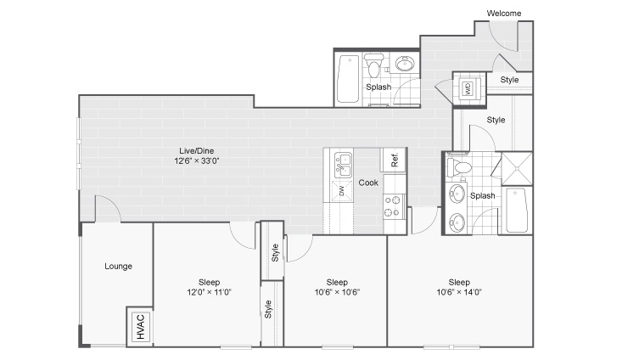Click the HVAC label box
coord(141,327)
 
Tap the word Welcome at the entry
coord(504,13)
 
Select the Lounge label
coord(118,267)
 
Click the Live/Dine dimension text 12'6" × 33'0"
coord(196,160)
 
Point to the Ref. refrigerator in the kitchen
coord(394,160)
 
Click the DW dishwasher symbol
coord(341,190)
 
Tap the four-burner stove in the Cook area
coord(394,206)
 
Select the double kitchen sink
coord(343,165)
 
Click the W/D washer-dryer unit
coord(467,88)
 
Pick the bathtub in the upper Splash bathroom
coord(349,79)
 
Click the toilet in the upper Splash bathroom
coord(373,65)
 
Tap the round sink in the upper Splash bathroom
coord(405,64)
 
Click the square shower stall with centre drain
coord(517,168)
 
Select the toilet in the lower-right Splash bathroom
coord(459,167)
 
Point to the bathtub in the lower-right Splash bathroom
coord(517,211)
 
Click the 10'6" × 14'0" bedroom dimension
coord(459,292)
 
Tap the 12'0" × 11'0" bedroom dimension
coord(209,292)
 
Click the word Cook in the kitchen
coord(368,183)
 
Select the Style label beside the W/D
coord(509,80)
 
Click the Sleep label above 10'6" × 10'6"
coord(337,282)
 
